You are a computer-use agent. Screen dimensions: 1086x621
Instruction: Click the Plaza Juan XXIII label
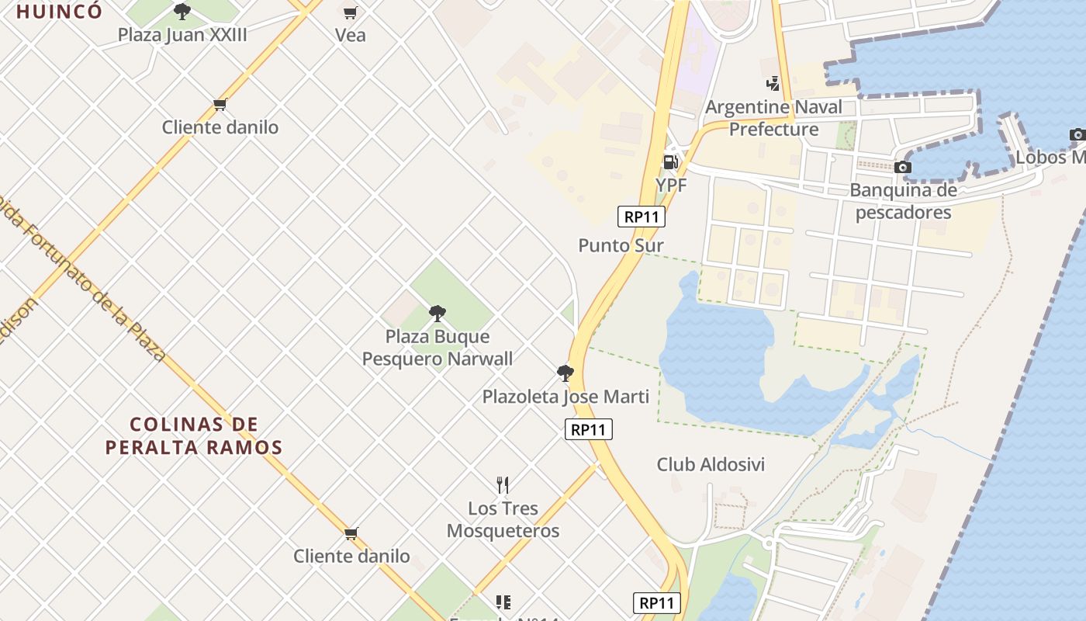pyautogui.click(x=182, y=35)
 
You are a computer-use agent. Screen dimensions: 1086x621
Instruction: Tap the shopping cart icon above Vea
pyautogui.click(x=350, y=12)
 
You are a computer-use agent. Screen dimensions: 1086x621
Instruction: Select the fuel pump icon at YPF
pyautogui.click(x=670, y=161)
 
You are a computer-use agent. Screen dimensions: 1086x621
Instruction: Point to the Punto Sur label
pyautogui.click(x=621, y=245)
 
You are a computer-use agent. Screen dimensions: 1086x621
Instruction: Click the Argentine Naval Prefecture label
pyautogui.click(x=773, y=118)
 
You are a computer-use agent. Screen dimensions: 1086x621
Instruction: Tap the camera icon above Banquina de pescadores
pyautogui.click(x=902, y=167)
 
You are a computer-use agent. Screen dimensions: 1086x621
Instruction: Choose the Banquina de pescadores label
pyautogui.click(x=903, y=201)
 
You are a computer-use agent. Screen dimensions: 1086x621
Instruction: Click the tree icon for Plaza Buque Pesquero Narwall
pyautogui.click(x=438, y=314)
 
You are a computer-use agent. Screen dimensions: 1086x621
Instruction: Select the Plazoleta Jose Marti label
pyautogui.click(x=565, y=397)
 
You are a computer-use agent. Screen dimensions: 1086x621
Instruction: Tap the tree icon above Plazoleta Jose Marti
pyautogui.click(x=565, y=373)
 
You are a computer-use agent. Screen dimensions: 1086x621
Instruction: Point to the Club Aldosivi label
pyautogui.click(x=711, y=464)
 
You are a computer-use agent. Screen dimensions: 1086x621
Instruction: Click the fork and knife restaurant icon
pyautogui.click(x=503, y=485)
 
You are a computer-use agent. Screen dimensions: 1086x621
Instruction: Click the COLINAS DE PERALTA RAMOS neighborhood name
pyautogui.click(x=194, y=435)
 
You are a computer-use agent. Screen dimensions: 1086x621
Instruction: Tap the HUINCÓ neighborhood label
pyautogui.click(x=59, y=12)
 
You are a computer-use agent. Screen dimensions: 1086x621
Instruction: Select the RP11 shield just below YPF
pyautogui.click(x=642, y=217)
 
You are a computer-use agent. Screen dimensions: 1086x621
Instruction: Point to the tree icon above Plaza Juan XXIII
pyautogui.click(x=182, y=12)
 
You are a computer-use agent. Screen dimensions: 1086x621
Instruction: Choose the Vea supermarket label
pyautogui.click(x=350, y=35)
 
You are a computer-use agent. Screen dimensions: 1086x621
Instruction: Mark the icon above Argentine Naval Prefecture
pyautogui.click(x=772, y=84)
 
